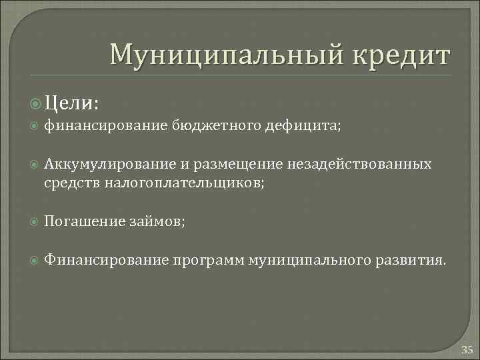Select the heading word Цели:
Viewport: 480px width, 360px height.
[72, 103]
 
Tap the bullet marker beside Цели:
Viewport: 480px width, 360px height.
[36, 103]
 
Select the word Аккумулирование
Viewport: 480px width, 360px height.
[100, 164]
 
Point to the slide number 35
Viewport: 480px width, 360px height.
[467, 349]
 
